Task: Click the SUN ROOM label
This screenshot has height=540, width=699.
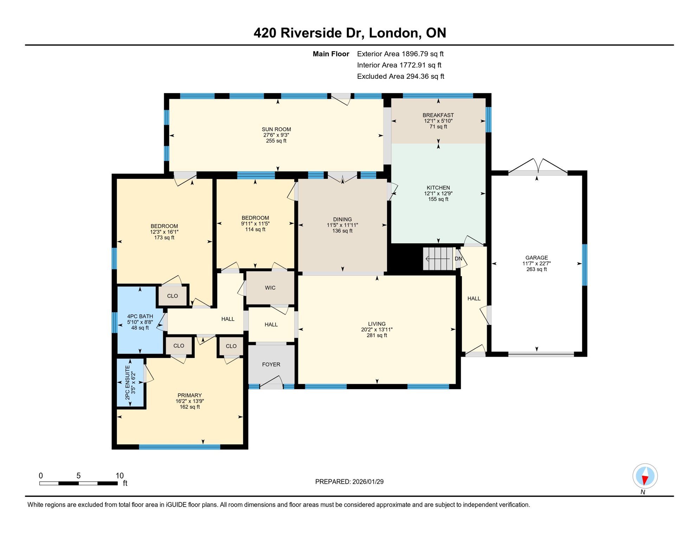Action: [276, 129]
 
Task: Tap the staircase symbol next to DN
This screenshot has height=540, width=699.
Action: [439, 259]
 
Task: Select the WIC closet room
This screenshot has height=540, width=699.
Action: [270, 288]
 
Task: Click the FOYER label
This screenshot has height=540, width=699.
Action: [271, 365]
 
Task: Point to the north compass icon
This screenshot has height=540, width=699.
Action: [645, 476]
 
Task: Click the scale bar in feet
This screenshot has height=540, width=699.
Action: [78, 483]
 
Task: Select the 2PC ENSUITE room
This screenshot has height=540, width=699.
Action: [130, 382]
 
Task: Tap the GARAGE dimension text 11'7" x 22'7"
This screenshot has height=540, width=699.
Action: [536, 264]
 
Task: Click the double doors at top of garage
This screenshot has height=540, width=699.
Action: [538, 167]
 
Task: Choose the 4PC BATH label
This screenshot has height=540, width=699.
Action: [140, 316]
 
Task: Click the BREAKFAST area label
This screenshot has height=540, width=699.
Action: [438, 115]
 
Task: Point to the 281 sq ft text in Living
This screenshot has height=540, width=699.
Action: [377, 335]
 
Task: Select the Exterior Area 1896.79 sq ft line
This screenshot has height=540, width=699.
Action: [400, 54]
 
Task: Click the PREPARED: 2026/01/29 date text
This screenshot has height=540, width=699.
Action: [349, 482]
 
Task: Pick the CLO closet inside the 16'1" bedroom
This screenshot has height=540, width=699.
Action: [172, 296]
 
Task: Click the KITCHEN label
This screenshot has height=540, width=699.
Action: [438, 188]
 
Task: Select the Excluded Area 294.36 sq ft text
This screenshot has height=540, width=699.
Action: [400, 76]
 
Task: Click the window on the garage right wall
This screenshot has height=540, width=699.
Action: [584, 265]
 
